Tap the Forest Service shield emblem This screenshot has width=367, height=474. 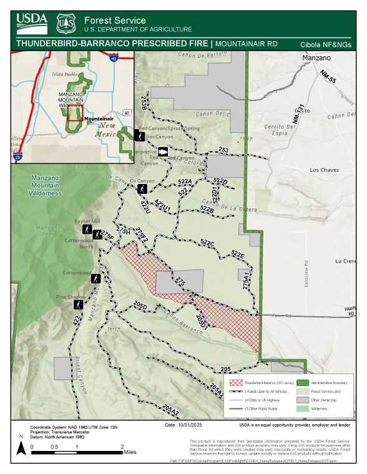(66, 24)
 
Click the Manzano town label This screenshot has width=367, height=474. (317, 58)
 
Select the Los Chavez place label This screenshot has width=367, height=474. (324, 169)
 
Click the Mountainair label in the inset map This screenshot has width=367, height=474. (99, 118)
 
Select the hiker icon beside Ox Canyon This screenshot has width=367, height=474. (143, 188)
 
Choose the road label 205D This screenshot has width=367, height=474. (140, 306)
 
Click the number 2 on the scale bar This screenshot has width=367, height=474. (122, 447)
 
